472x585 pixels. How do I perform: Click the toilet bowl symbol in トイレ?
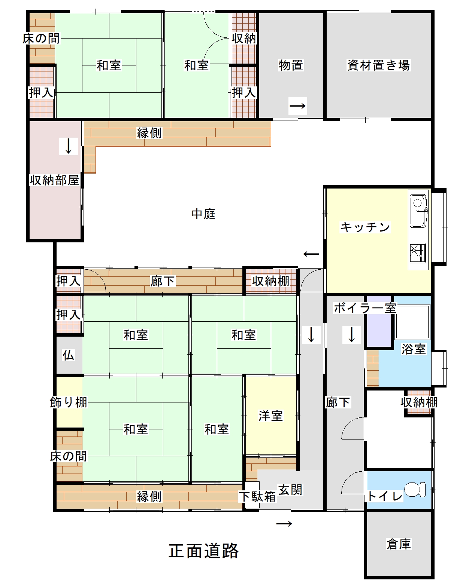[x=415, y=489]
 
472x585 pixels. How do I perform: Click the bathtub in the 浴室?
[x=412, y=322]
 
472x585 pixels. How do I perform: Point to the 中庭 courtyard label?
[x=203, y=214]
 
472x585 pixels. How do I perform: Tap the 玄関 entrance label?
[x=290, y=490]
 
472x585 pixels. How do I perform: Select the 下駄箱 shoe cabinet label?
[x=257, y=497]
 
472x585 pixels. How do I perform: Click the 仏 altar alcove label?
[x=68, y=355]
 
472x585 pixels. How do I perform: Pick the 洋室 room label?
[x=271, y=416]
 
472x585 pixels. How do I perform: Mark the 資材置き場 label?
[x=379, y=65]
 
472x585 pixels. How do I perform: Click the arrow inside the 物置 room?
[x=298, y=105]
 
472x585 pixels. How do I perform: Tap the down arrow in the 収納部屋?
[x=69, y=146]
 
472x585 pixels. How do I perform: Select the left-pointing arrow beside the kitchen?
[x=311, y=254]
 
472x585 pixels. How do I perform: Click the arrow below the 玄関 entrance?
[x=284, y=524]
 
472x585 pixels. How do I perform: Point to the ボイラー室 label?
[x=365, y=308]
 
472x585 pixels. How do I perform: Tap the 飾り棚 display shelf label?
[x=69, y=402]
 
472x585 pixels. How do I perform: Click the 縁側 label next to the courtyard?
[x=149, y=133]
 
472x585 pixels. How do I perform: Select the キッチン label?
[x=365, y=227]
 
